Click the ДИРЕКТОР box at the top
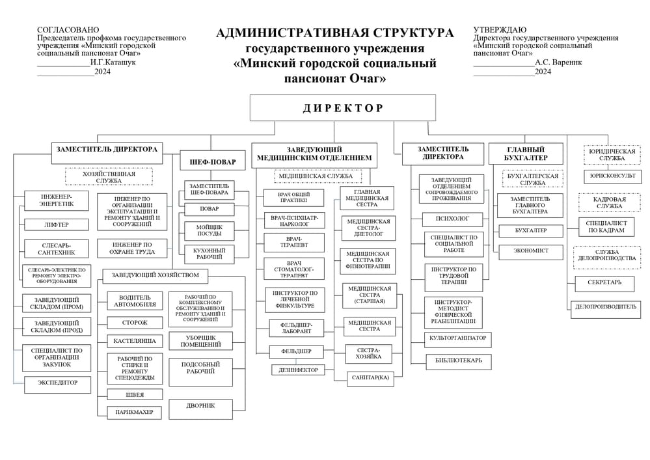tap(342, 108)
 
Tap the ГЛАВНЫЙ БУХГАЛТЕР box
tap(526, 154)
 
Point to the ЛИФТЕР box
tap(57, 225)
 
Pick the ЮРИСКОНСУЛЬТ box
tap(612, 176)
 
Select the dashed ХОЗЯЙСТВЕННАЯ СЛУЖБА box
tap(109, 177)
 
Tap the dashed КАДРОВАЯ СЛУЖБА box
tap(609, 203)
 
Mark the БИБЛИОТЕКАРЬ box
tap(458, 361)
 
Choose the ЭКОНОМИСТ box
tap(530, 251)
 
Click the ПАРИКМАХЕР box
tap(134, 412)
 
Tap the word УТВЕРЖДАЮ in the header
tap(500, 30)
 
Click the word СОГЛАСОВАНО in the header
tap(68, 30)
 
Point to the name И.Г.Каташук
tap(113, 62)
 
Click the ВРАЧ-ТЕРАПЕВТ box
tap(294, 243)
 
